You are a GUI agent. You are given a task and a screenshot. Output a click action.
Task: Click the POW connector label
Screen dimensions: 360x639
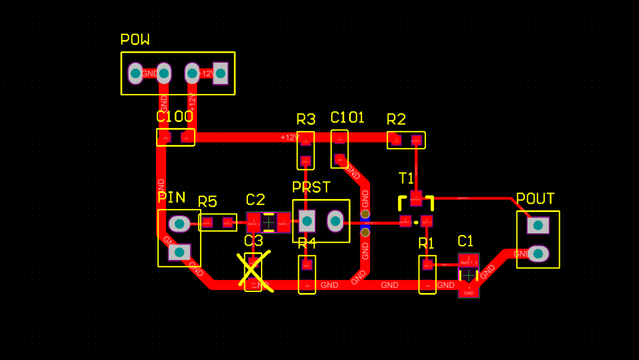pos(135,40)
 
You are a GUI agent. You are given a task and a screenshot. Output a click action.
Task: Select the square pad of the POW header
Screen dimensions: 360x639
pos(221,73)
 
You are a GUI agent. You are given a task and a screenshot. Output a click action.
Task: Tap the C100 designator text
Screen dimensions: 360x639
pos(175,117)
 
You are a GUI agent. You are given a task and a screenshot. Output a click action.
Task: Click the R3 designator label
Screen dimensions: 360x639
pos(306,120)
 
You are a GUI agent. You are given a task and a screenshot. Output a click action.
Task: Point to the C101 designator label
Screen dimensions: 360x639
pos(347,117)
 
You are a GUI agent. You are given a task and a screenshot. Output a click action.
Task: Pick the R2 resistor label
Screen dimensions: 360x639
pos(396,120)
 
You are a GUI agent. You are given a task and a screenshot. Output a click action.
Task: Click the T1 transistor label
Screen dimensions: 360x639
pos(406,178)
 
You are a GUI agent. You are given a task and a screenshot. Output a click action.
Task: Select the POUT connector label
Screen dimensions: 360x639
pos(535,199)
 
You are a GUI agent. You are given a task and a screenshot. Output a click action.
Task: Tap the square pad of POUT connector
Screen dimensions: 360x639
pos(538,225)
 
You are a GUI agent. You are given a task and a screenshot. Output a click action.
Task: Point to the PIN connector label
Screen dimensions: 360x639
pos(172,197)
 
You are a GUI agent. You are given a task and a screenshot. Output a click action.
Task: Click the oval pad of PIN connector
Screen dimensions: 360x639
pos(179,224)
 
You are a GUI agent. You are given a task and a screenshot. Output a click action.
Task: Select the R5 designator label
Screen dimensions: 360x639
pos(208,202)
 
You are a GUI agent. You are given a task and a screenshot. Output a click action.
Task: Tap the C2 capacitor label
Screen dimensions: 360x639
pos(256,200)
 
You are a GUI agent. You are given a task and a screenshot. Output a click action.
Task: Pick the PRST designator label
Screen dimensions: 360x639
pos(311,188)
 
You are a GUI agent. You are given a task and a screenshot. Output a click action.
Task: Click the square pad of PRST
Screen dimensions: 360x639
pos(306,221)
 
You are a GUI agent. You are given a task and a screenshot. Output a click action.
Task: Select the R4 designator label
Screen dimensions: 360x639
pos(307,243)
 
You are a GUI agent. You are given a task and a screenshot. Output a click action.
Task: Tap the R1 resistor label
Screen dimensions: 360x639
pos(427,243)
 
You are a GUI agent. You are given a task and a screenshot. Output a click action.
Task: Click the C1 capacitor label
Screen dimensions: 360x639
pos(466,241)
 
